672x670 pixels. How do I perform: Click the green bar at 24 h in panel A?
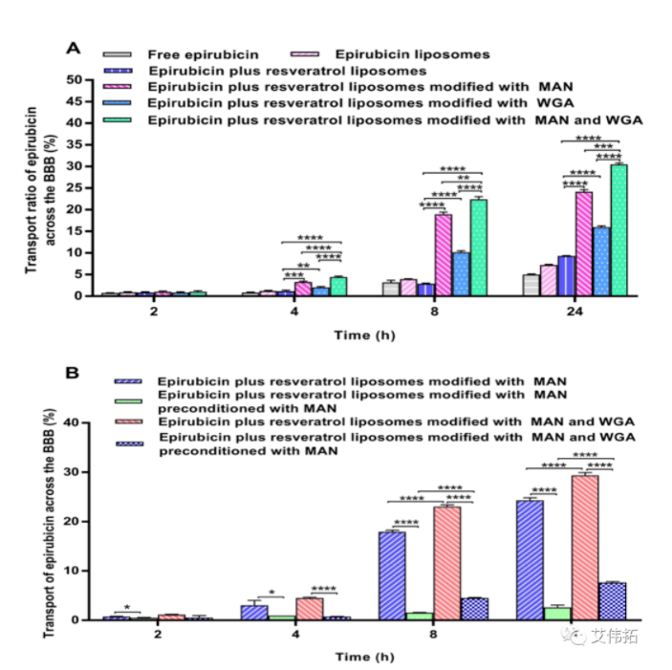[x=618, y=230]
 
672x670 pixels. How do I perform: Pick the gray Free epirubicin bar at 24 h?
[x=531, y=285]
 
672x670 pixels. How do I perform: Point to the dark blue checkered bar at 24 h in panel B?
[x=611, y=601]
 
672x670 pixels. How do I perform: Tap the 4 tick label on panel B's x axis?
[x=293, y=635]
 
